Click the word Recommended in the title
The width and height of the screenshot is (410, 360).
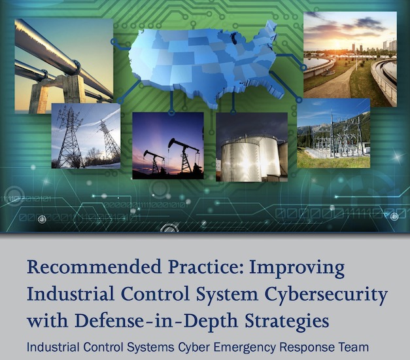pyautogui.click(x=94, y=268)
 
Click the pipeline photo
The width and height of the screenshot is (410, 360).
pyautogui.click(x=64, y=66)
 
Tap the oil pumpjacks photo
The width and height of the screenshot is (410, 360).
pyautogui.click(x=168, y=146)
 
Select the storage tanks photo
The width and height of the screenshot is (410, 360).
pyautogui.click(x=252, y=147)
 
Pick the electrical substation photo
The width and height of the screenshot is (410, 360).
pyautogui.click(x=333, y=133)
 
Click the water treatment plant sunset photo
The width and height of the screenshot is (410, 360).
pyautogui.click(x=350, y=59)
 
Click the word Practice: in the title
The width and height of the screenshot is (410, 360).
pyautogui.click(x=205, y=268)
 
